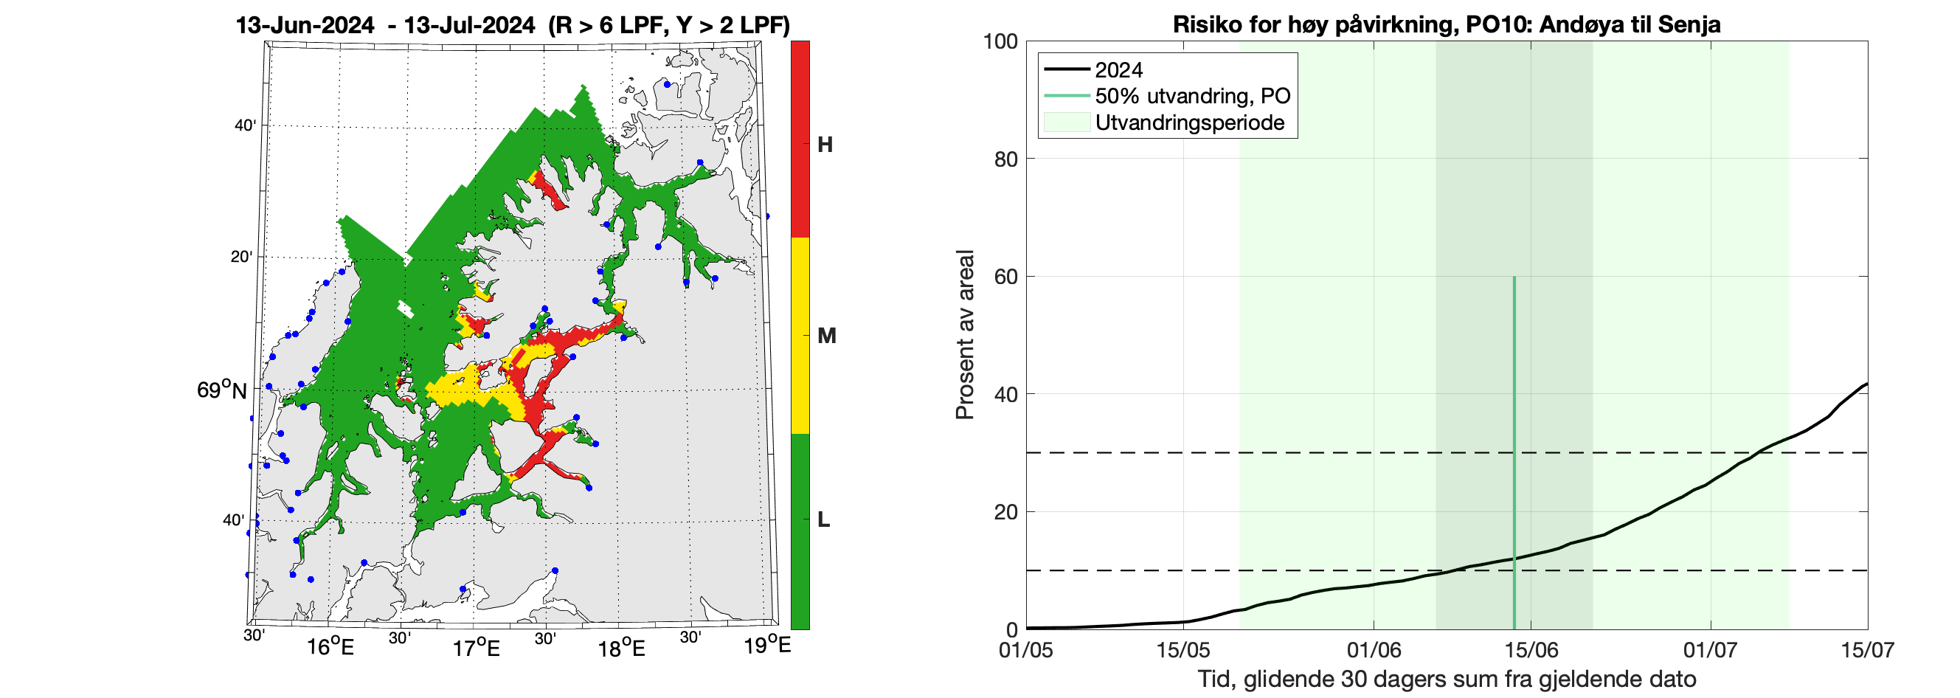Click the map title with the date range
click(x=512, y=25)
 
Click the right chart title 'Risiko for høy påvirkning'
click(x=1447, y=24)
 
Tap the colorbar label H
click(x=825, y=145)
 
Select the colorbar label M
click(x=826, y=336)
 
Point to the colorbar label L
click(x=823, y=520)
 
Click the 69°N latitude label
click(x=221, y=390)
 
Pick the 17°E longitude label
click(x=477, y=649)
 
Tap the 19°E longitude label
click(x=767, y=646)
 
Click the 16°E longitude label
click(x=330, y=648)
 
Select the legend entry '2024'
click(x=1118, y=70)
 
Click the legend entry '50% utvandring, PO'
click(x=1192, y=96)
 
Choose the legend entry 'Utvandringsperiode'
click(x=1189, y=122)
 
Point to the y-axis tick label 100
click(x=1000, y=41)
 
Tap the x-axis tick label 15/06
click(x=1531, y=650)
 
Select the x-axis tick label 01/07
click(x=1711, y=650)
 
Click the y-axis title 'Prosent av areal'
click(x=965, y=335)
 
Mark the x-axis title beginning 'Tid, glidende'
click(x=1447, y=679)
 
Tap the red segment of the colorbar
click(x=800, y=137)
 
